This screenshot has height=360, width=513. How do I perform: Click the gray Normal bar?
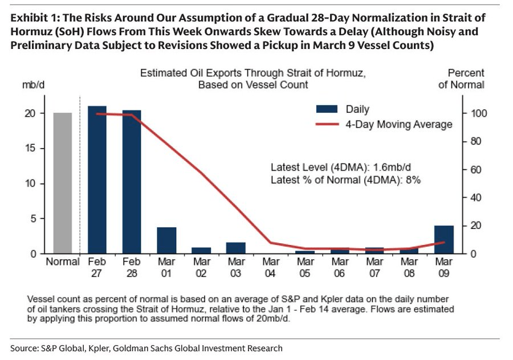click(63, 183)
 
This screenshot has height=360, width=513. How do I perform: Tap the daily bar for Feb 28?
click(132, 182)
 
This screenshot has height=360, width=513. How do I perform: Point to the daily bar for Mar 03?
click(235, 248)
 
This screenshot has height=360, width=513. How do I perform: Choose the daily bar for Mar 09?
click(444, 240)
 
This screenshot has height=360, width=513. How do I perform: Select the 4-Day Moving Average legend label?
click(399, 124)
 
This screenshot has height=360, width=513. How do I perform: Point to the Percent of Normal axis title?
click(466, 79)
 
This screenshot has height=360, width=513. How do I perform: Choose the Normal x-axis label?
click(62, 261)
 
